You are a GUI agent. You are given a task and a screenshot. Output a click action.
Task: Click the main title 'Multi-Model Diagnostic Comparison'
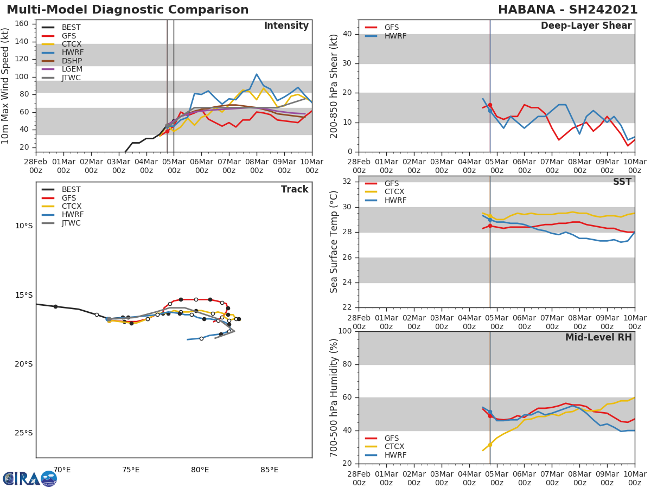coord(127,10)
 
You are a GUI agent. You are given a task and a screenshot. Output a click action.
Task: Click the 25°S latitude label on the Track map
coord(23,433)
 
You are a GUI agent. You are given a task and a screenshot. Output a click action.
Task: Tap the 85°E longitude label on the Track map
coord(269,470)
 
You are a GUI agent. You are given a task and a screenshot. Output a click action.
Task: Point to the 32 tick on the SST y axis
coord(347,182)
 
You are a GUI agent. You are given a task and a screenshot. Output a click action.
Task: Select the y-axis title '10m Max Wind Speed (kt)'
coord(6,86)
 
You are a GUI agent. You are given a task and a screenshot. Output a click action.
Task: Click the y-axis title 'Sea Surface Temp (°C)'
coord(334,242)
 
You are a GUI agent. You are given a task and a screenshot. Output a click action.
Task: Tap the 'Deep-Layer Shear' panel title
coord(586,26)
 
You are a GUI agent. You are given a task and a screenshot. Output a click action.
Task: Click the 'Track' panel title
coord(294,189)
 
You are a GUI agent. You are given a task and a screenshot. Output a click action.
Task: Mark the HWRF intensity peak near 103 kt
coord(257,74)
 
